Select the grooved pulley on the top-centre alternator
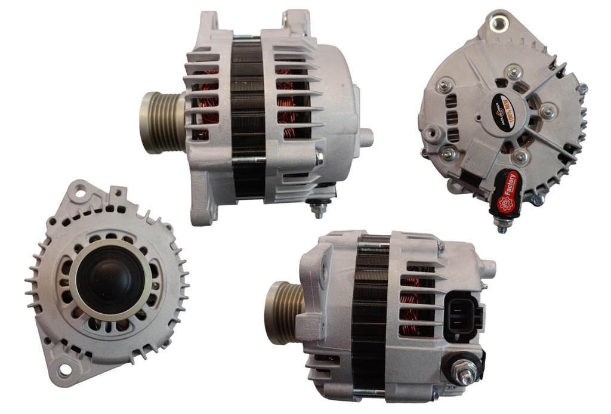(162, 122)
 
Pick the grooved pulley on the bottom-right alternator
(284, 313)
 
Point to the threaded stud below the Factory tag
(501, 225)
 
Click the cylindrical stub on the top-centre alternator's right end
(365, 138)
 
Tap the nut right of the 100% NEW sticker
(547, 111)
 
